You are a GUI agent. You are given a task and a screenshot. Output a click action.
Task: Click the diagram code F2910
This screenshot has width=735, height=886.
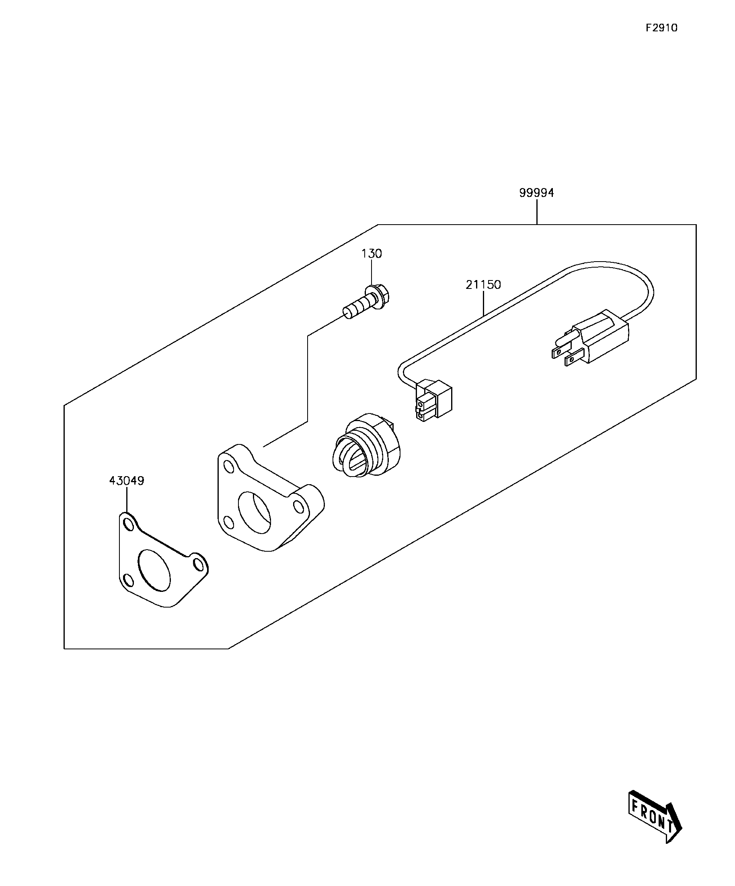(x=661, y=28)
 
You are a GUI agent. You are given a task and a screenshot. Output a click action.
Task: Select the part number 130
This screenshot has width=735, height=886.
(x=372, y=254)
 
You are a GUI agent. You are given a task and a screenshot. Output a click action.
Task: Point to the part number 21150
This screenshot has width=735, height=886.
(x=483, y=285)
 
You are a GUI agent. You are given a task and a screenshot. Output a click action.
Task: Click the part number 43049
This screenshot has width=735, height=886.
(x=127, y=481)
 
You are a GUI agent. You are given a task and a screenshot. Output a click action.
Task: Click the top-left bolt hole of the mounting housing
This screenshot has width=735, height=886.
(x=228, y=467)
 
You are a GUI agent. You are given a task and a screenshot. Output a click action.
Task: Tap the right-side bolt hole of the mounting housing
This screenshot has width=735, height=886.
(x=298, y=506)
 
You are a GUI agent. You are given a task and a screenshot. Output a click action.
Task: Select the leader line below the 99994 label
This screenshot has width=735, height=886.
(x=537, y=212)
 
